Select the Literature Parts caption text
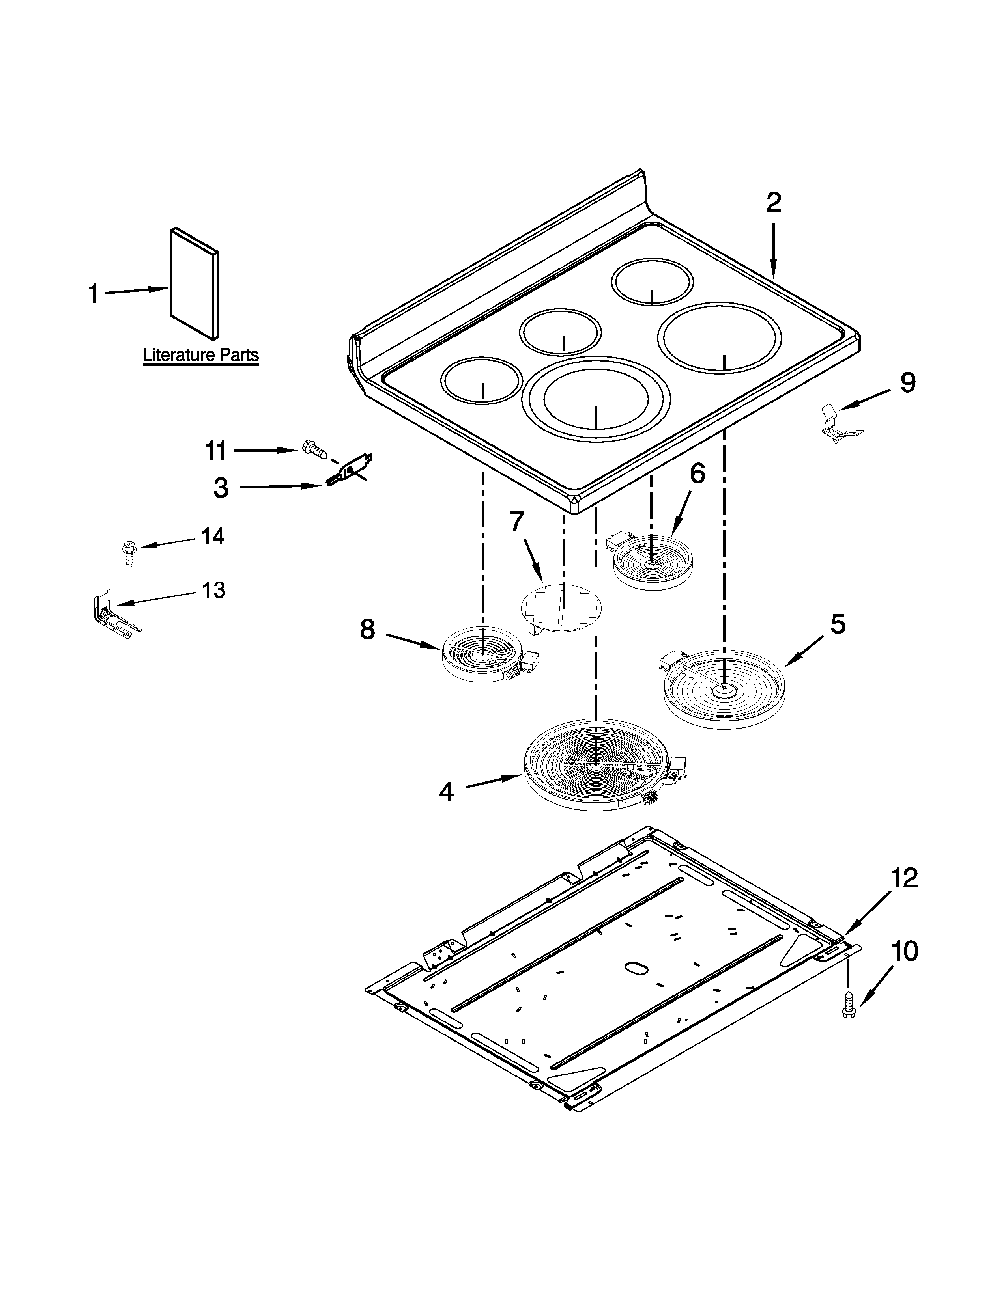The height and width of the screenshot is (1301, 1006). click(x=201, y=356)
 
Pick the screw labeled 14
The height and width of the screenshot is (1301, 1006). click(x=127, y=553)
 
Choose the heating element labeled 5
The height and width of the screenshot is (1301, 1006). click(x=724, y=688)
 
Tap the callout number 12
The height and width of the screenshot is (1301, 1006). click(x=904, y=879)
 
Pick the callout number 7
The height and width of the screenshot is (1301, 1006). click(x=517, y=522)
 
